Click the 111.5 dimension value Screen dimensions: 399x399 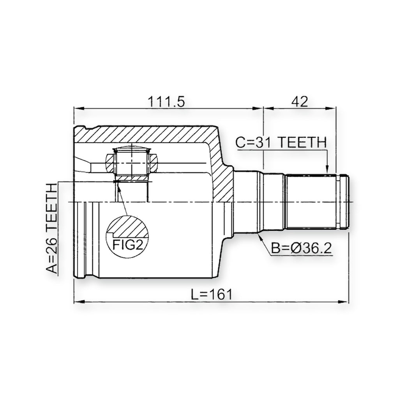click(x=166, y=102)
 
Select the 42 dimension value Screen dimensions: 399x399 click(x=300, y=102)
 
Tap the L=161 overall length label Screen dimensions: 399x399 click(x=212, y=295)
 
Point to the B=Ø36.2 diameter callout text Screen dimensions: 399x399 click(x=301, y=248)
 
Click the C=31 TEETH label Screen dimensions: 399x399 click(x=281, y=142)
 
